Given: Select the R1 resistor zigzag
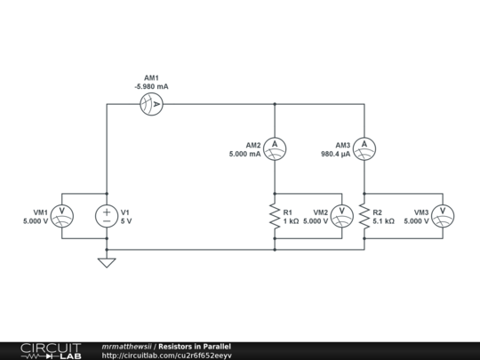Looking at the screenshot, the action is pyautogui.click(x=275, y=216).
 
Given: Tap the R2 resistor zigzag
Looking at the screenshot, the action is pyautogui.click(x=364, y=216).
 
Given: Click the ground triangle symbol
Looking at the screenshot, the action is pyautogui.click(x=107, y=262).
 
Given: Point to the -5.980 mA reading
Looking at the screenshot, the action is pyautogui.click(x=151, y=86).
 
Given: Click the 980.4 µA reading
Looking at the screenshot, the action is pyautogui.click(x=335, y=154).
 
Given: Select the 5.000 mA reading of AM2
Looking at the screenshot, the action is pyautogui.click(x=245, y=154).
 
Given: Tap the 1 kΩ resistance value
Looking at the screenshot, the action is pyautogui.click(x=291, y=221).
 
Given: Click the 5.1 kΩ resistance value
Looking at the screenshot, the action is pyautogui.click(x=384, y=221).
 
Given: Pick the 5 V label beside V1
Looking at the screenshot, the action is pyautogui.click(x=126, y=221).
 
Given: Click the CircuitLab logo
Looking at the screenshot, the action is pyautogui.click(x=51, y=351).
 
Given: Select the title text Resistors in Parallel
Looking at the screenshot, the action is pyautogui.click(x=195, y=347).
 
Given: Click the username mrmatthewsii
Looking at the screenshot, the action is pyautogui.click(x=126, y=347).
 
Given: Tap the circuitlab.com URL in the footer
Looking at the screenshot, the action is pyautogui.click(x=166, y=356).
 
